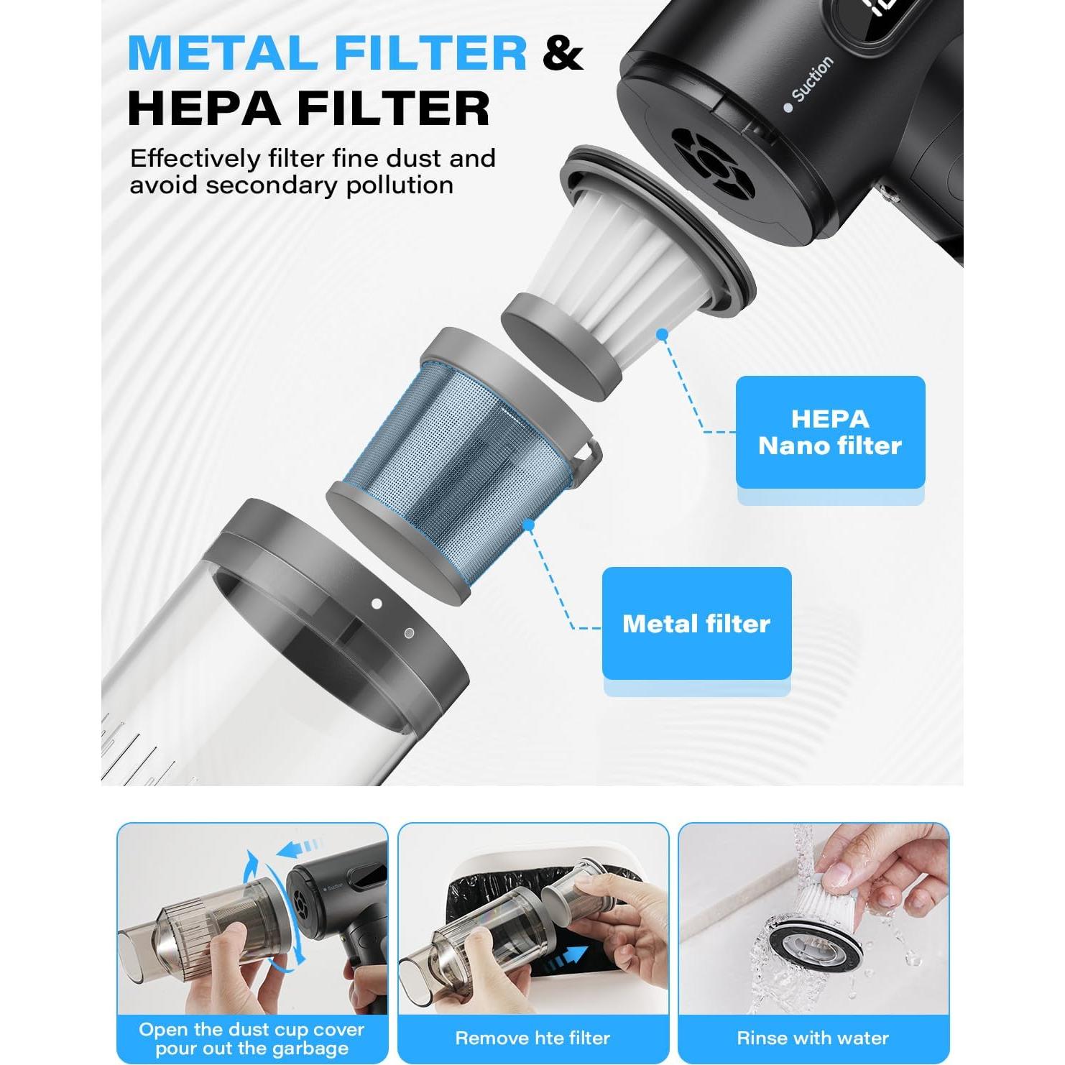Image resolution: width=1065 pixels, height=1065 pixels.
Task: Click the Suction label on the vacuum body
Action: tap(812, 79)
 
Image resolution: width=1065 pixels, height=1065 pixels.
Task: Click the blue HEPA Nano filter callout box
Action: tap(830, 432)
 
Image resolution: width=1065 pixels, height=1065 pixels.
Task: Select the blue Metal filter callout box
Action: tap(696, 623)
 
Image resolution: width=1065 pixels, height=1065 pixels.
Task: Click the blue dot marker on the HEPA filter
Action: tap(663, 334)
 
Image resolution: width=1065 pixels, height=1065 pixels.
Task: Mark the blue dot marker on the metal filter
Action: tap(529, 525)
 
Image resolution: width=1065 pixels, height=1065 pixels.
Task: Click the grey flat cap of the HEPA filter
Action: tap(561, 338)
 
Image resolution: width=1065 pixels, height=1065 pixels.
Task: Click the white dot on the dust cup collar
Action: tap(377, 604)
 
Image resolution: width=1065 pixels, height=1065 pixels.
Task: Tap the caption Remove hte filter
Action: tap(532, 1038)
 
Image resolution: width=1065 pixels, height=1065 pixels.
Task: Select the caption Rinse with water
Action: tap(813, 1038)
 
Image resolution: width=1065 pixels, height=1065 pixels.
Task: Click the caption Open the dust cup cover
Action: tap(252, 1030)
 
